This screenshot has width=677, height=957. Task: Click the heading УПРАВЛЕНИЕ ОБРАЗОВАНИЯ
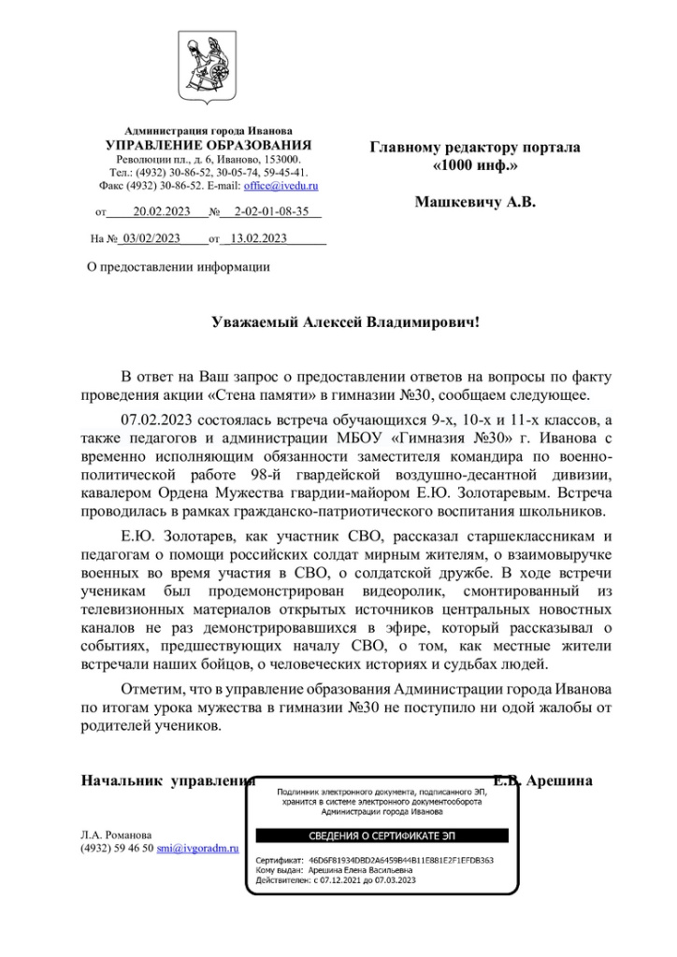(x=209, y=146)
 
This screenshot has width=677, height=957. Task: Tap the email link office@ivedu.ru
(x=281, y=186)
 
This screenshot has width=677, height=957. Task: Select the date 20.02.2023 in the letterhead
(x=162, y=212)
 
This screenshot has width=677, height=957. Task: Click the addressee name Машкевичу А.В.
(x=474, y=201)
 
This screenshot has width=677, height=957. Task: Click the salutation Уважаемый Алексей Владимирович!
(x=345, y=322)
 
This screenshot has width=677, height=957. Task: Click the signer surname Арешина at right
(x=558, y=779)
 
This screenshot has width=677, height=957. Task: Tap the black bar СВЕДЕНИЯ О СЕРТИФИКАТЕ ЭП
(x=382, y=836)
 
